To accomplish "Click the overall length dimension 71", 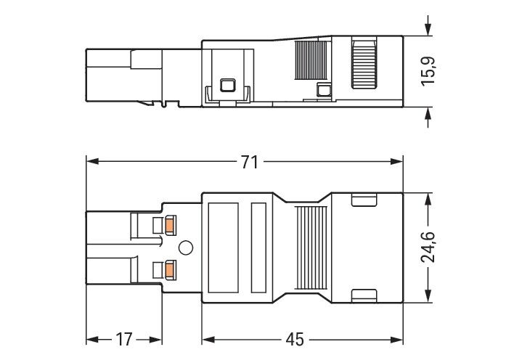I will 249,163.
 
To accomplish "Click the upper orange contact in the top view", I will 170,225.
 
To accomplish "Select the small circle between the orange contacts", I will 186,248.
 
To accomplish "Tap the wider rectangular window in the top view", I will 223,246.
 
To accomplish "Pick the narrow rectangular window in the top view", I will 258,246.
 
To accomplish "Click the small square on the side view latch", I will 227,86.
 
